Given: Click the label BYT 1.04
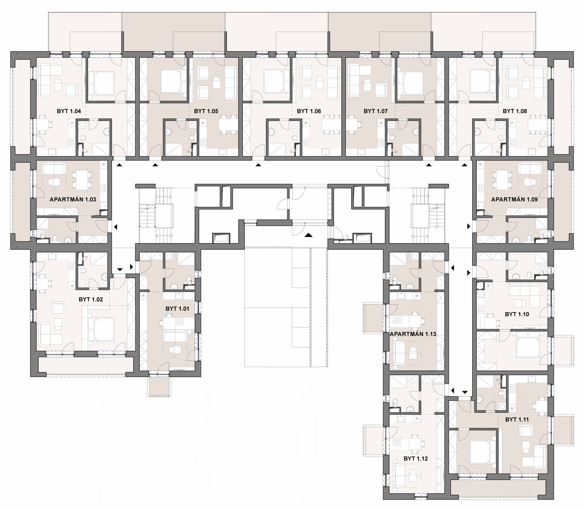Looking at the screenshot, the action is (x=69, y=111).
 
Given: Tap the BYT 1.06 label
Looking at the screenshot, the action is (x=309, y=111).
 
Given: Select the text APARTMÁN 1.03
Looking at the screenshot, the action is (x=73, y=199).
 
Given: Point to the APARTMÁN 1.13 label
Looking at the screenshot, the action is (x=413, y=334).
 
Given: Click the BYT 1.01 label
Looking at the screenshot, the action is (x=177, y=308).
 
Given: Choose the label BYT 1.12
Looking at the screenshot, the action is (x=416, y=458).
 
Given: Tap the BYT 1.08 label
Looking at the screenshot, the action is (x=515, y=111).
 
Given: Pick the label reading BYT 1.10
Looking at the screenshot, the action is (x=517, y=314).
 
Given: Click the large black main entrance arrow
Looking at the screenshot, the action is (x=308, y=235).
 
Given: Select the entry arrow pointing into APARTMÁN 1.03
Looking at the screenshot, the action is (x=115, y=227).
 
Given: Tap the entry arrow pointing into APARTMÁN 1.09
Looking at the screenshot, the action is (x=469, y=227).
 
